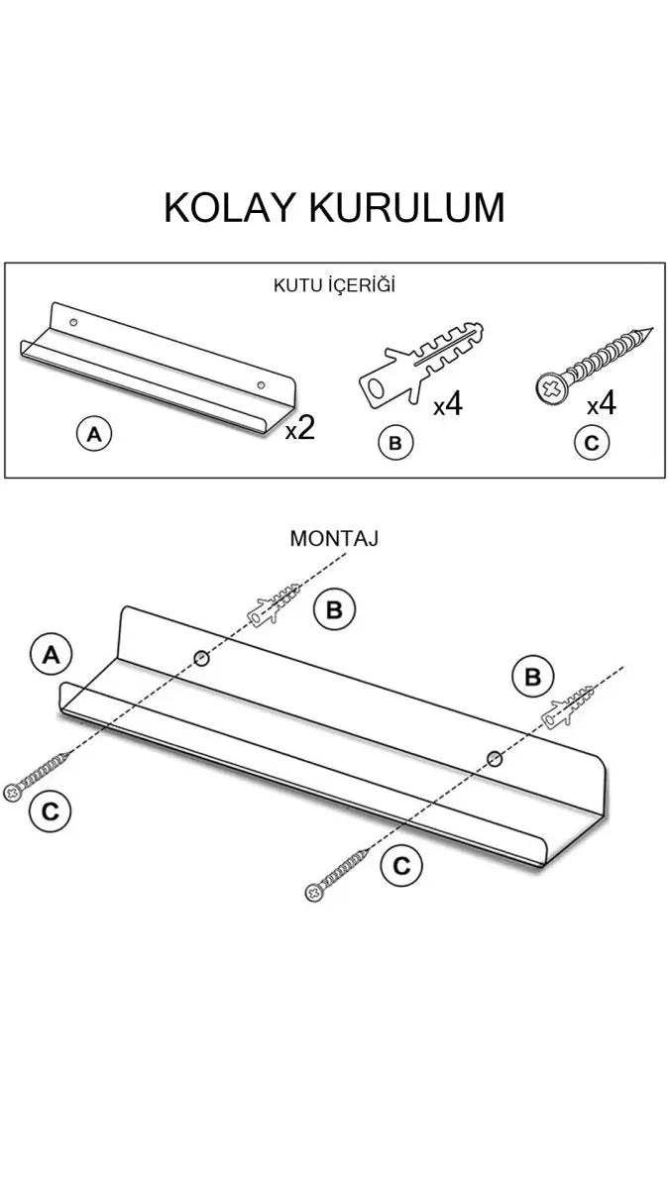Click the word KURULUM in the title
pyautogui.click(x=406, y=207)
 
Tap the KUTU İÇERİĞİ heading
pyautogui.click(x=334, y=285)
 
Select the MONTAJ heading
pyautogui.click(x=334, y=538)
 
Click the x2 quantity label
pyautogui.click(x=299, y=428)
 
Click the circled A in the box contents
pyautogui.click(x=94, y=434)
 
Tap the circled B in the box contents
pyautogui.click(x=394, y=443)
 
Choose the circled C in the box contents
pyautogui.click(x=592, y=443)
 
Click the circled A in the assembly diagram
pyautogui.click(x=52, y=655)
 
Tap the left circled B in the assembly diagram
pyautogui.click(x=334, y=609)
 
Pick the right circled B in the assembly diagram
pyautogui.click(x=533, y=677)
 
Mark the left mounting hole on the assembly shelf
pyautogui.click(x=201, y=657)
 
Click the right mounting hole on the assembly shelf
pyautogui.click(x=494, y=758)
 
